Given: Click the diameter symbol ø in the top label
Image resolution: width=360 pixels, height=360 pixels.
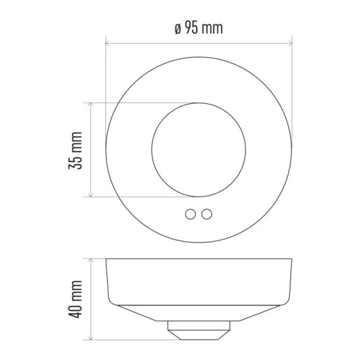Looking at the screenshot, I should (x=178, y=28).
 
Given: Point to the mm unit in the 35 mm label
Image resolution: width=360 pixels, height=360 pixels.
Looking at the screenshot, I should (x=76, y=140).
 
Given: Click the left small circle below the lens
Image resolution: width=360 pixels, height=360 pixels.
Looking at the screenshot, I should (x=191, y=214).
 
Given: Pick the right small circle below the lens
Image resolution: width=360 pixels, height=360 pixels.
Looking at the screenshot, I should (x=207, y=214).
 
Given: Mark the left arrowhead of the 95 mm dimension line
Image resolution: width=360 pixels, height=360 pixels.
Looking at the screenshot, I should (x=108, y=44).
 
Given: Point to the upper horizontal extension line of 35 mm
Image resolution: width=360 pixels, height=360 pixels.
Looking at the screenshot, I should (x=142, y=102).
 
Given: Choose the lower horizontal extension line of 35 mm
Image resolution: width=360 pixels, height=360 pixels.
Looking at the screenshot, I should (x=142, y=198).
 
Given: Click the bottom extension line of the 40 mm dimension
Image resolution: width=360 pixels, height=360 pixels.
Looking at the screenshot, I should (x=129, y=340).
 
